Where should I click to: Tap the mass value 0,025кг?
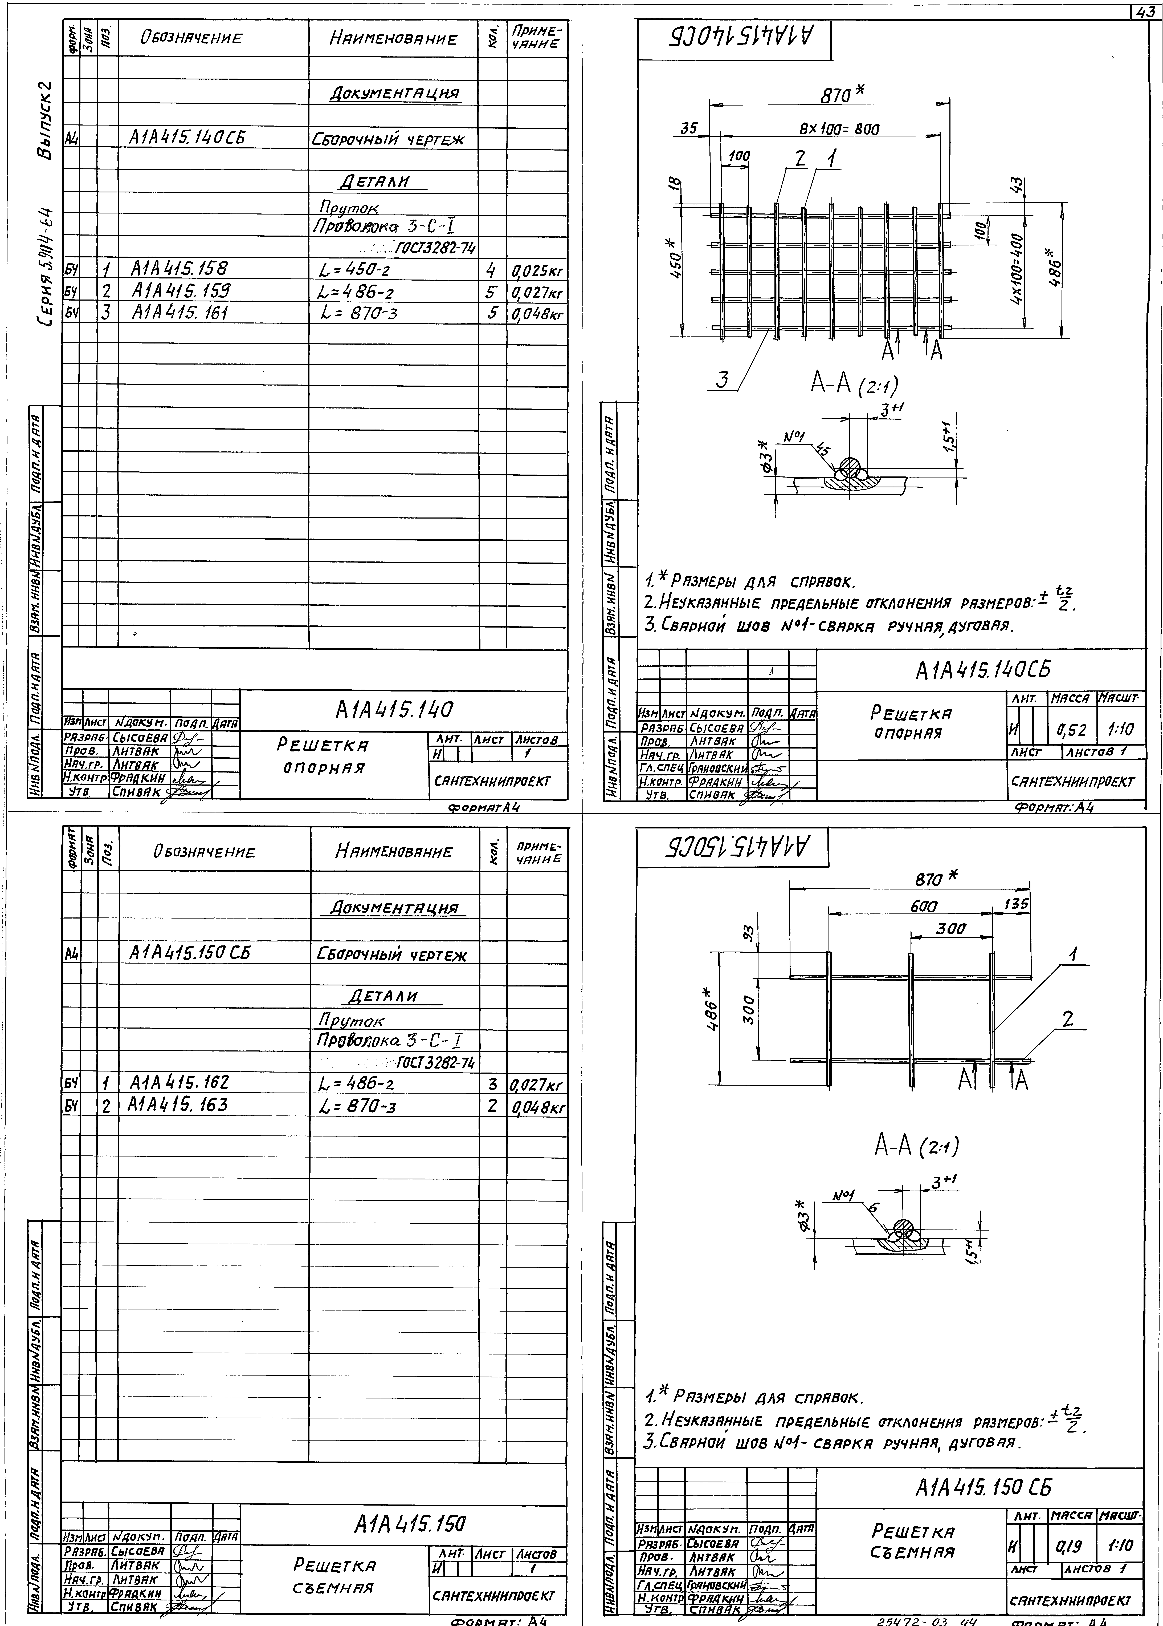click(x=537, y=272)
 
